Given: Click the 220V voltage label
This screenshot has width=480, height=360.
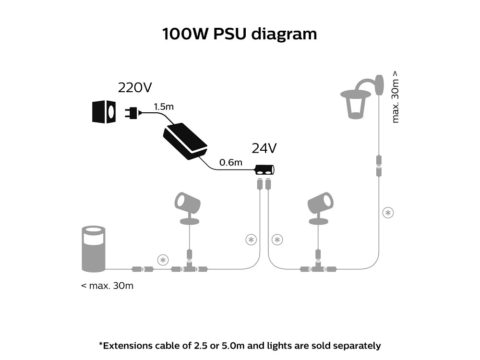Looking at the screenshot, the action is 135,88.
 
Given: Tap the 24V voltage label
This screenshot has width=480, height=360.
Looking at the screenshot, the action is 264,148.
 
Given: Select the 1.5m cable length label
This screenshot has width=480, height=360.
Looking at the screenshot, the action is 164,107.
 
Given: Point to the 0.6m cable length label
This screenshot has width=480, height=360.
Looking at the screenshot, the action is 230,162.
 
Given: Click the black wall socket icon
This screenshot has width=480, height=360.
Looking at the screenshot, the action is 104,112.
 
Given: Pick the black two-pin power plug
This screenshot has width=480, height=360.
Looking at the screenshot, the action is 132,112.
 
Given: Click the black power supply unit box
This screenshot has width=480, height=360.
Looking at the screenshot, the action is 185,141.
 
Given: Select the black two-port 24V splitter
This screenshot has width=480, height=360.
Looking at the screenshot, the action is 264,170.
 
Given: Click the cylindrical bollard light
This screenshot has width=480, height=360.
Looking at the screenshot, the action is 94,249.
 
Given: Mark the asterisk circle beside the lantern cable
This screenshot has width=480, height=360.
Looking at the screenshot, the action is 388,213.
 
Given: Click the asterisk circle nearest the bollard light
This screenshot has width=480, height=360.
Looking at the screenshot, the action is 163,260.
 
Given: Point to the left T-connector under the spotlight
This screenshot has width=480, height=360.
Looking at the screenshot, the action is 189,267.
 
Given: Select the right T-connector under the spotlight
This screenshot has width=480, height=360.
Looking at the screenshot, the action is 318,267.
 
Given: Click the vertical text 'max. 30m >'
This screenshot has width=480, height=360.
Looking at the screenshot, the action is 395,97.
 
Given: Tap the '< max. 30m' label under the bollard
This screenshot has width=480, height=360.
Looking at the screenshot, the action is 107,286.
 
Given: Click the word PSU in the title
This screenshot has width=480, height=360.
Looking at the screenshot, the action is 229,34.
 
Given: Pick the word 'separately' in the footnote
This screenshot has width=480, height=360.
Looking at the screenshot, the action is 357,346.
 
